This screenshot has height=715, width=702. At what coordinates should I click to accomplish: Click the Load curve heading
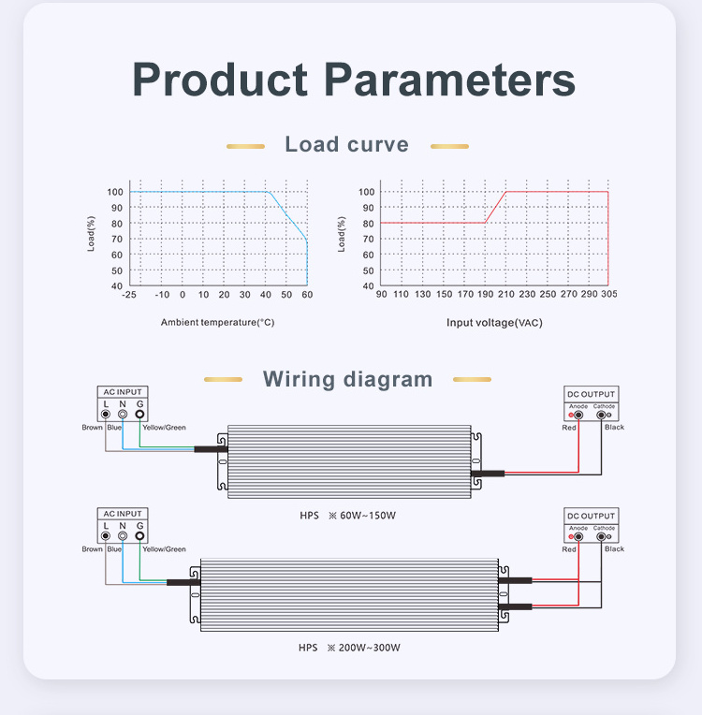[347, 144]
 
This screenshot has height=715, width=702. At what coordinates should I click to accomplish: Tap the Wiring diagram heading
[347, 379]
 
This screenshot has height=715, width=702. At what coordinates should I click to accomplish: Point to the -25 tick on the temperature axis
[129, 295]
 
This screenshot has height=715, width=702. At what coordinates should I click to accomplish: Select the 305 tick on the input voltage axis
[608, 295]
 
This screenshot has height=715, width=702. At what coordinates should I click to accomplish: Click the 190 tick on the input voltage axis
[485, 295]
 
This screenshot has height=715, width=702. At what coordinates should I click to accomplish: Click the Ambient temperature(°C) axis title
[217, 323]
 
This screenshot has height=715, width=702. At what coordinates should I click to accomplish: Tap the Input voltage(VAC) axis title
[494, 323]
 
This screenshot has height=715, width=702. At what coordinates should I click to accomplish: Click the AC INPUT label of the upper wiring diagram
[123, 392]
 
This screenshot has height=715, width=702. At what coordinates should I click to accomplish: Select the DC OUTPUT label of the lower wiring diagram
[592, 516]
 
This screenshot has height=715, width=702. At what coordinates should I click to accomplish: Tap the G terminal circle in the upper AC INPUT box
[139, 414]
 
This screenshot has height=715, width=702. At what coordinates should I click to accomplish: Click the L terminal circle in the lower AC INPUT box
[106, 535]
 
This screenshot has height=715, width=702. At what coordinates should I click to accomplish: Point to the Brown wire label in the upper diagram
[92, 428]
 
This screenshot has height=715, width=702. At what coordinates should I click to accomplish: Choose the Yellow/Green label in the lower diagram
[164, 549]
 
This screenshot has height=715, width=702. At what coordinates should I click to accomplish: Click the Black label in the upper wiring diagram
[614, 428]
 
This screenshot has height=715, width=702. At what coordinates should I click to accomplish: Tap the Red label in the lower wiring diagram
[569, 549]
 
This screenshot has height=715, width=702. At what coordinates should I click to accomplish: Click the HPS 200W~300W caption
[349, 648]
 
